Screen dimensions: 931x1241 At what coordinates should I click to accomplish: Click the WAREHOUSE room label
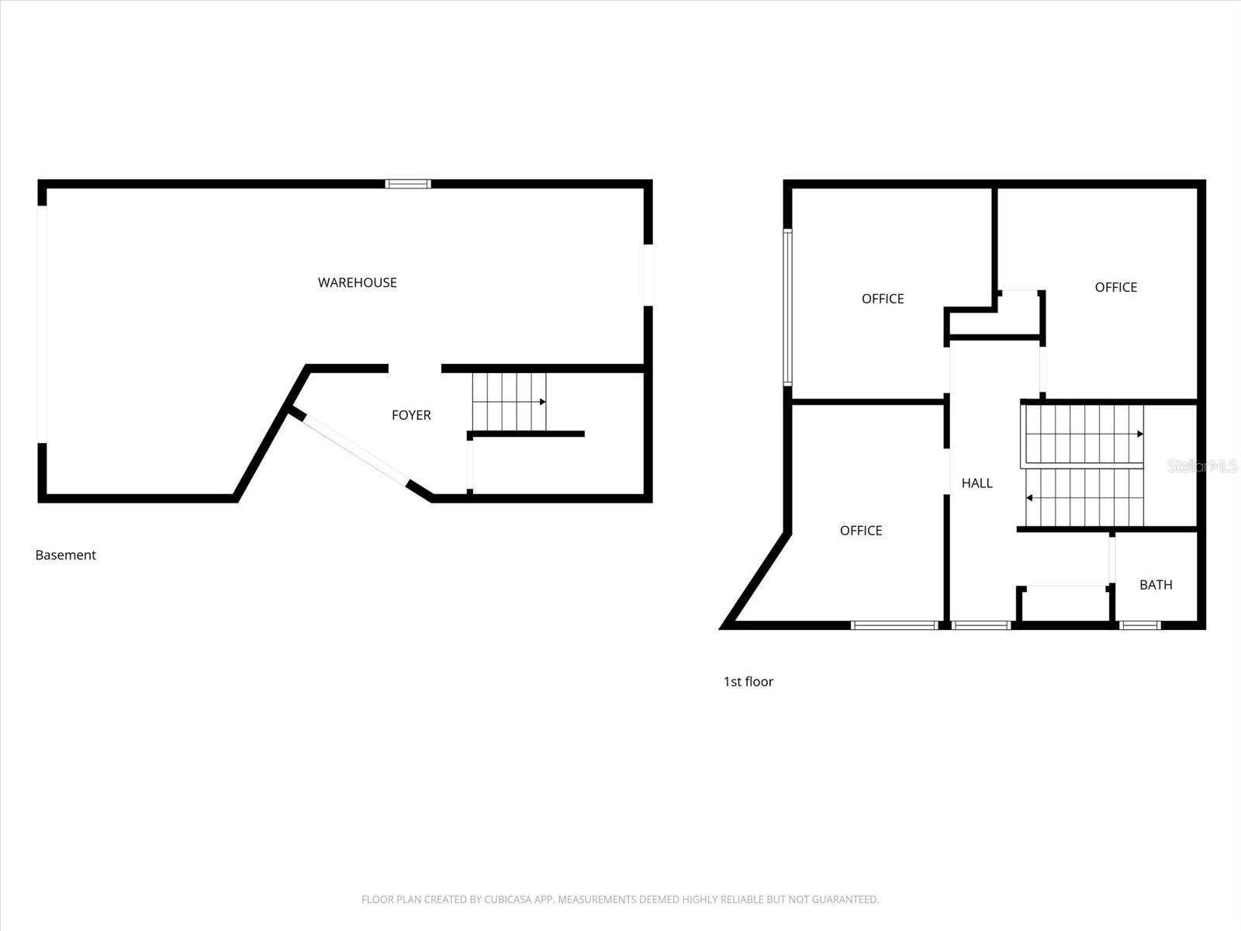click(357, 282)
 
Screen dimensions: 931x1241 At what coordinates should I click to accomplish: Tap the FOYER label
click(411, 415)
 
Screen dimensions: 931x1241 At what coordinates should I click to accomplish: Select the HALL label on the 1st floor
click(977, 483)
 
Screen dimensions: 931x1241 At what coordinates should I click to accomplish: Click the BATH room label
click(1156, 585)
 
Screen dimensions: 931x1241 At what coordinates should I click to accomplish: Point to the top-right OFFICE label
click(1115, 287)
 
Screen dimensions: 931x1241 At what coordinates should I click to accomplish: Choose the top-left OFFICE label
click(883, 299)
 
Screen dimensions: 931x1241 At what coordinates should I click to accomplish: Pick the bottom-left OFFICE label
click(861, 531)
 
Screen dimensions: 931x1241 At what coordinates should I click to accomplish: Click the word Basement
click(66, 555)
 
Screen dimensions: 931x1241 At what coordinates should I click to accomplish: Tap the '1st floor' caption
click(748, 681)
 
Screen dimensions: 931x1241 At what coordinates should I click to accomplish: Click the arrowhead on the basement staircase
click(542, 402)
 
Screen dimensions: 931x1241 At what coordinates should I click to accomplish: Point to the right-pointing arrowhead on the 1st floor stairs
click(1139, 434)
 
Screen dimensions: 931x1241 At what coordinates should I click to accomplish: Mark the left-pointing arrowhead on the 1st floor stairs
click(1029, 497)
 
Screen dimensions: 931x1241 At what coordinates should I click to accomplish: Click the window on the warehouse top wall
click(408, 184)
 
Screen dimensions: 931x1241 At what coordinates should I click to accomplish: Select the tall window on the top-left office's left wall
click(787, 306)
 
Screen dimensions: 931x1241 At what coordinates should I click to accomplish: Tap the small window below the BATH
click(1140, 625)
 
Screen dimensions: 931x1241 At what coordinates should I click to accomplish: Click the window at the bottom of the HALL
click(981, 625)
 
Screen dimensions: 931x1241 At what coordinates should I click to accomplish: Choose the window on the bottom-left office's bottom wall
click(894, 625)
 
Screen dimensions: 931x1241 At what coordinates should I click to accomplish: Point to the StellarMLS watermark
click(1202, 466)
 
